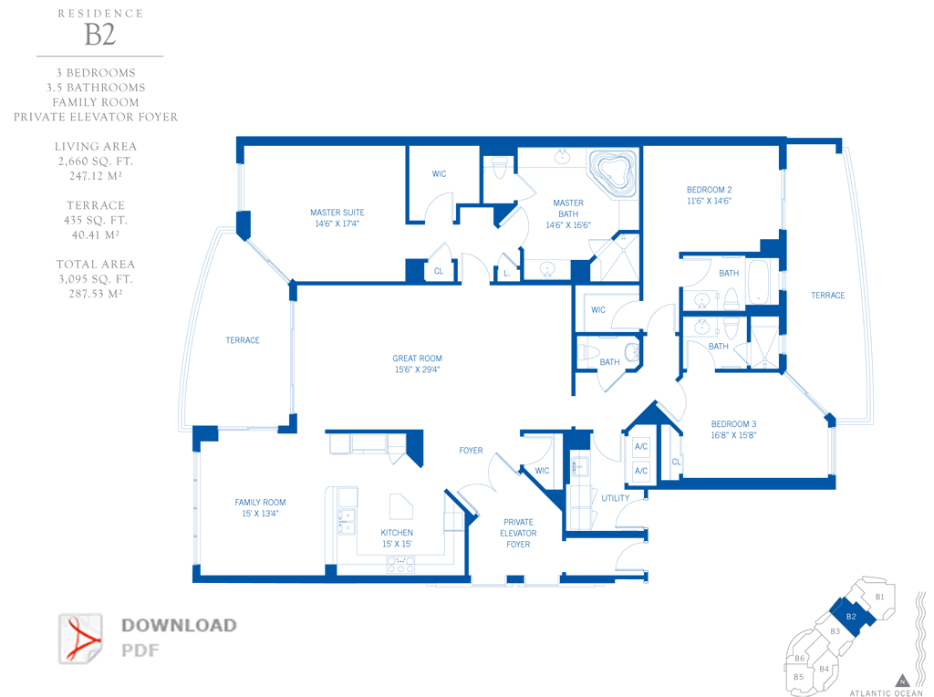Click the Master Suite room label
click(x=337, y=212)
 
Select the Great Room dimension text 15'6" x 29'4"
click(x=417, y=369)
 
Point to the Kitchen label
click(x=397, y=533)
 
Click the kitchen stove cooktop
click(x=401, y=564)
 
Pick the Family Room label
click(x=260, y=502)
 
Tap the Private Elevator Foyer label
click(x=518, y=533)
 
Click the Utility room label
click(x=616, y=498)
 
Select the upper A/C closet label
click(x=641, y=446)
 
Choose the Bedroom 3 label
click(x=734, y=424)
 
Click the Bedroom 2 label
click(x=709, y=190)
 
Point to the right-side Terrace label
click(x=828, y=295)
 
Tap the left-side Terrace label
click(x=243, y=340)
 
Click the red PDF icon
click(x=80, y=640)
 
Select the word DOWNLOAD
click(x=180, y=626)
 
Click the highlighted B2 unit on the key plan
click(x=852, y=617)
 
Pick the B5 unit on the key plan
click(x=798, y=677)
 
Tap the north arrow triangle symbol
click(x=902, y=681)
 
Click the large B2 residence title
click(x=100, y=35)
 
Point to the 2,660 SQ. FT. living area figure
click(x=95, y=161)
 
